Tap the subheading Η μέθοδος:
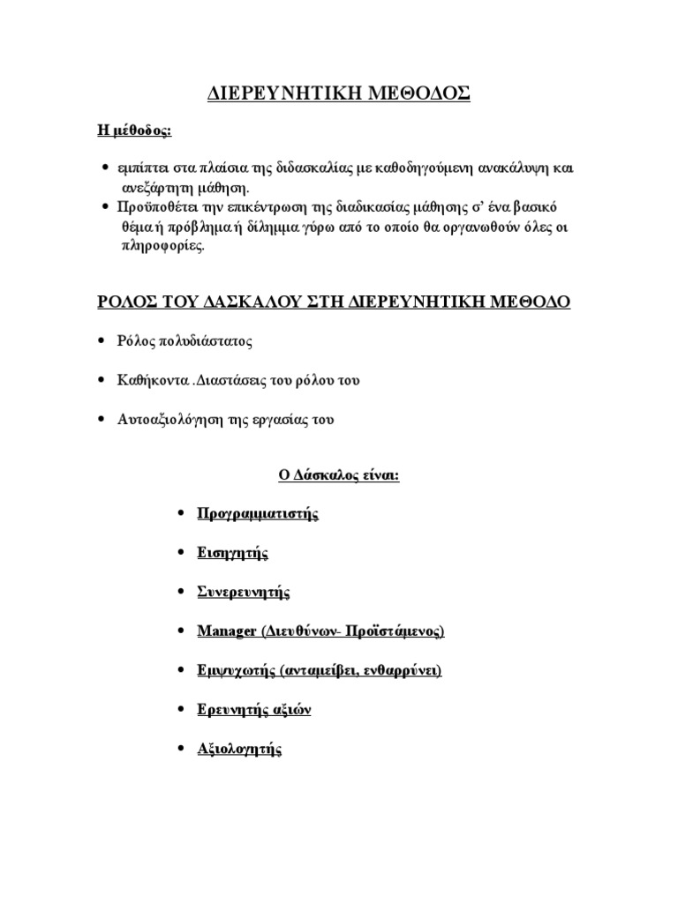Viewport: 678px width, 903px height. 134,131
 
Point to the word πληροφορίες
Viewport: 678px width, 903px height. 162,247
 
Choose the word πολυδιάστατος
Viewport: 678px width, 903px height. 201,340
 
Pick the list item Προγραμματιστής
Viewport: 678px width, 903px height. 258,513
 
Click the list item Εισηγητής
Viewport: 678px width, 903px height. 233,553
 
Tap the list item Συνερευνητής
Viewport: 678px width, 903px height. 244,593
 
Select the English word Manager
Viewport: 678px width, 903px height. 228,631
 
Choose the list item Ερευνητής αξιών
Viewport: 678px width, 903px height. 254,710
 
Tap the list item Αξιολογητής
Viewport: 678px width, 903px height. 239,750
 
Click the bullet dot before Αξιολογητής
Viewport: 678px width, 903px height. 180,750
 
